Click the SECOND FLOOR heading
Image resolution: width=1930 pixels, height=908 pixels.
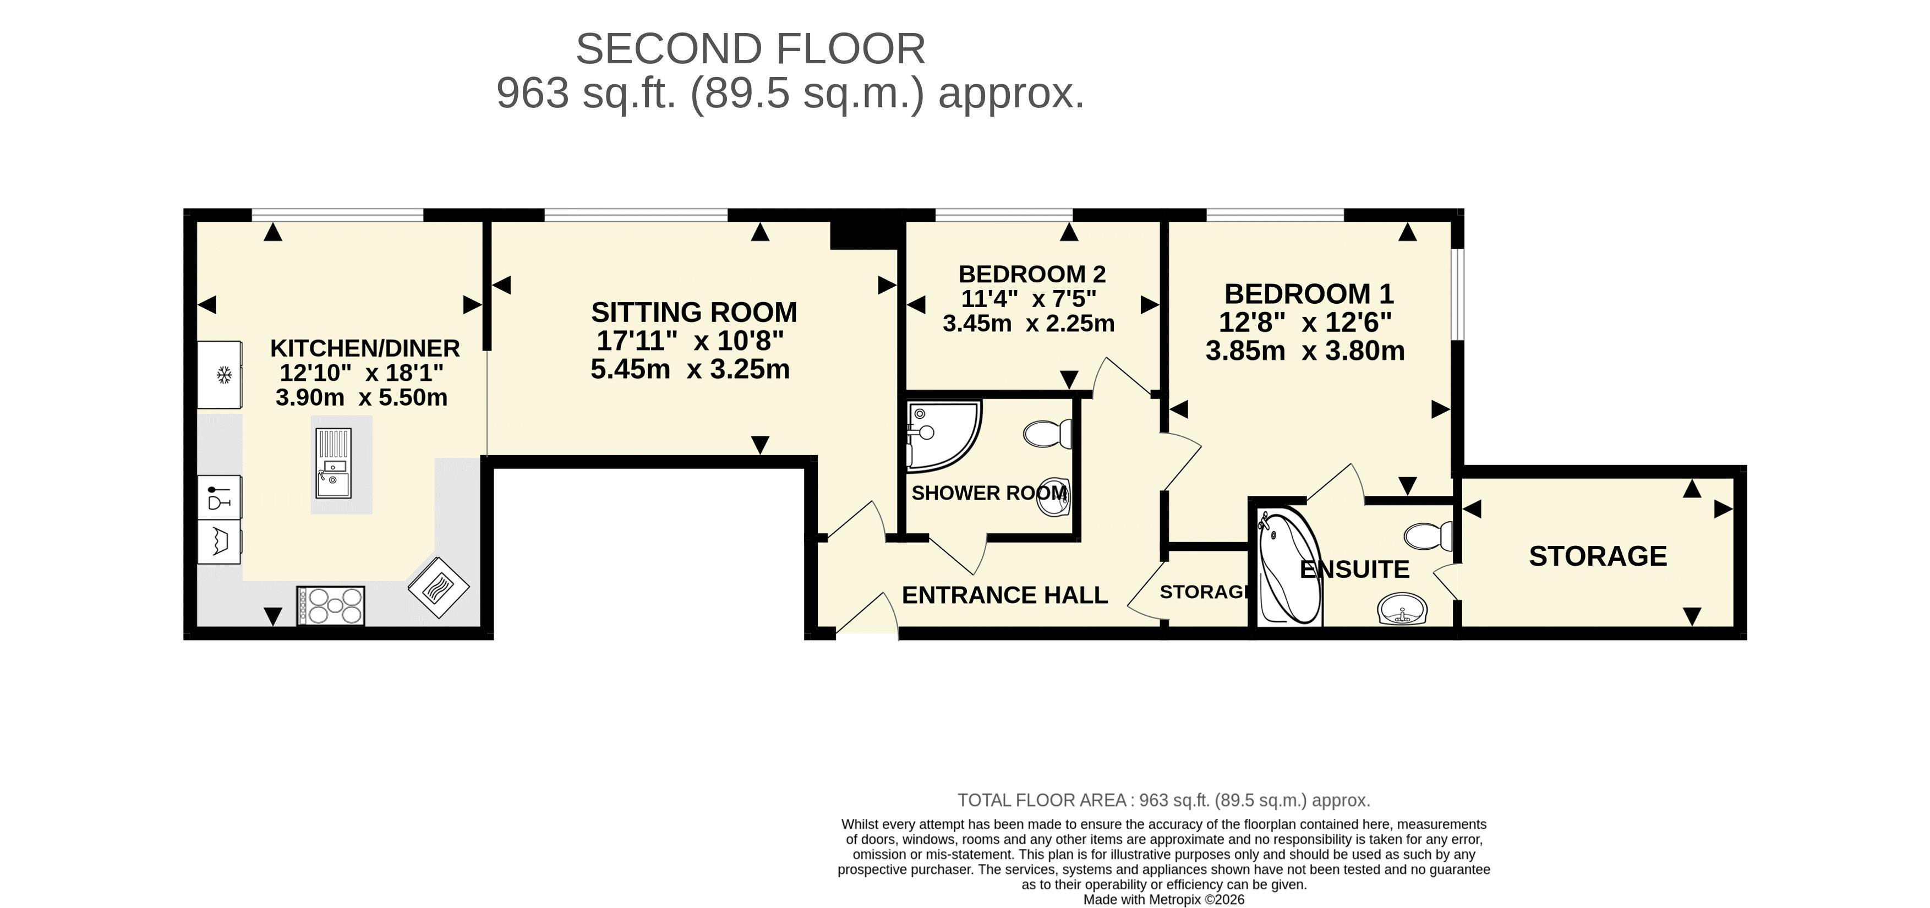click(750, 50)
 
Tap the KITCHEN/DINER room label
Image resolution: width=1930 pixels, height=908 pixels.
click(365, 348)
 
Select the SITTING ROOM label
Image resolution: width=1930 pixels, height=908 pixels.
click(694, 311)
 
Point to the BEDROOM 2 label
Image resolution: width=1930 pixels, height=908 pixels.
click(1032, 274)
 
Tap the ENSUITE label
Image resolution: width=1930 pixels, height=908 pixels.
click(1354, 570)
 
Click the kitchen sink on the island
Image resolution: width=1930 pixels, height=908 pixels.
click(332, 463)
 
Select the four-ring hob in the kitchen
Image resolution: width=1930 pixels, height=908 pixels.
click(330, 605)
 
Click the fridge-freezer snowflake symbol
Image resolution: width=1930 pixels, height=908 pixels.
click(223, 375)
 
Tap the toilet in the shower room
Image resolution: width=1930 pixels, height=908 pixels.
click(1047, 434)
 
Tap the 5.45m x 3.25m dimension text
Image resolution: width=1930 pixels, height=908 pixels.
click(690, 369)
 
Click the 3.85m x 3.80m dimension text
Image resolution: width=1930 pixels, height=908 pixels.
click(1305, 351)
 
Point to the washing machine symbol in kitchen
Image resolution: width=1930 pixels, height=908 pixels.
click(219, 541)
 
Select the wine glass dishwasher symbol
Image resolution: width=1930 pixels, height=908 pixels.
click(219, 497)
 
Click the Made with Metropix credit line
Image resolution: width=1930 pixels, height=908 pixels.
click(1163, 900)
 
